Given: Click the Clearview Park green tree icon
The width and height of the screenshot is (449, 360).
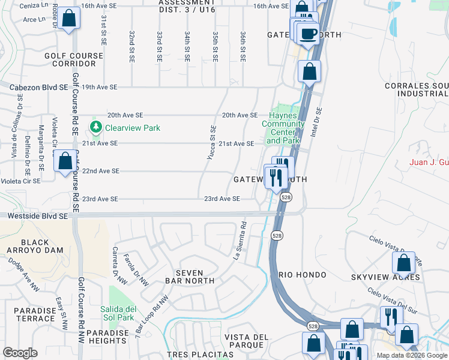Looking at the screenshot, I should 95,127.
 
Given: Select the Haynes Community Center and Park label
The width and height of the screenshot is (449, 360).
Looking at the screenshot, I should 283,128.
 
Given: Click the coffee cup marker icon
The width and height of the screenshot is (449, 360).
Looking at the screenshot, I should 309,34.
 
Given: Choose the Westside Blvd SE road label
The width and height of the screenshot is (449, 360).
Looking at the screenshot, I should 34,215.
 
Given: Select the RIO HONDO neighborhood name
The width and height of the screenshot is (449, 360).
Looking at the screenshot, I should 303,275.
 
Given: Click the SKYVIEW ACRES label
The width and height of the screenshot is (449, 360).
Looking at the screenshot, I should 385,277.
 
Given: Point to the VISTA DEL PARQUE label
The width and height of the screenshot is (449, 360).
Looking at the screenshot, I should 246,341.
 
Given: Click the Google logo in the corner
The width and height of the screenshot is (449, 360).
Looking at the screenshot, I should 20,353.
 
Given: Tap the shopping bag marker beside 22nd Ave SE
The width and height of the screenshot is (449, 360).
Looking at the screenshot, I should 64,162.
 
